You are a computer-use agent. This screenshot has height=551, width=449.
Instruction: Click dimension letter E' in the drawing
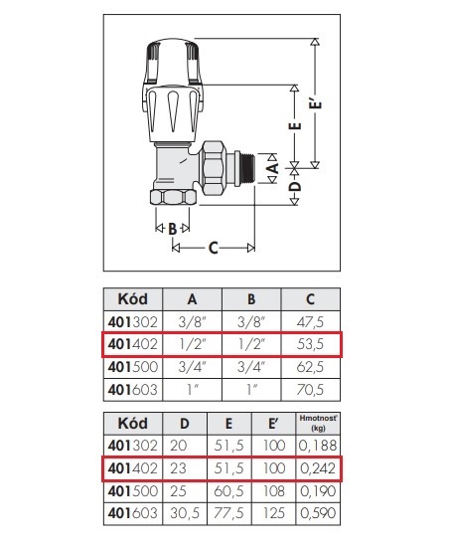point(317,103)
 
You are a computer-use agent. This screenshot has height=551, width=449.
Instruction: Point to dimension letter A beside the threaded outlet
point(273,168)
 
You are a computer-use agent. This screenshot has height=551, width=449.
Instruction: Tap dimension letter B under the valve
point(172,229)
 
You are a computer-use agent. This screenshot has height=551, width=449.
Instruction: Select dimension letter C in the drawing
point(214,248)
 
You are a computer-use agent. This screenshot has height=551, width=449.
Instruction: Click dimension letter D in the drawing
point(296,186)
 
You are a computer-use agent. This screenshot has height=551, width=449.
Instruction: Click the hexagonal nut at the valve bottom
point(174,197)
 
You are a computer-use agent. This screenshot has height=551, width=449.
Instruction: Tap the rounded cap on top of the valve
point(173,62)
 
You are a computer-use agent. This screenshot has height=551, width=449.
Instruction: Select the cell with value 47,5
point(310,322)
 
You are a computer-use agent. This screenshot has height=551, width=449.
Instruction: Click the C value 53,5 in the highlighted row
point(310,344)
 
